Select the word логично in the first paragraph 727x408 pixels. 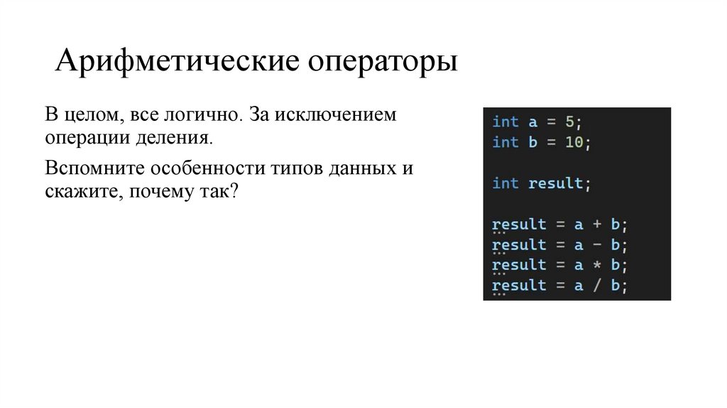(200, 115)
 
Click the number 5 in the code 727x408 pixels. (570, 122)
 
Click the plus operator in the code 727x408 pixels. (596, 225)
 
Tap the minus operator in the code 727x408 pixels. (596, 245)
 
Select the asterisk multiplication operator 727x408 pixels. (596, 264)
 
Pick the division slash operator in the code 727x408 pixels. (596, 286)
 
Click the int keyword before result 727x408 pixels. (505, 183)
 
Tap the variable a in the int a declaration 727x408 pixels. (533, 122)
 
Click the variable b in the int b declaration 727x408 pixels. (533, 142)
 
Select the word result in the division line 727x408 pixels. (519, 286)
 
